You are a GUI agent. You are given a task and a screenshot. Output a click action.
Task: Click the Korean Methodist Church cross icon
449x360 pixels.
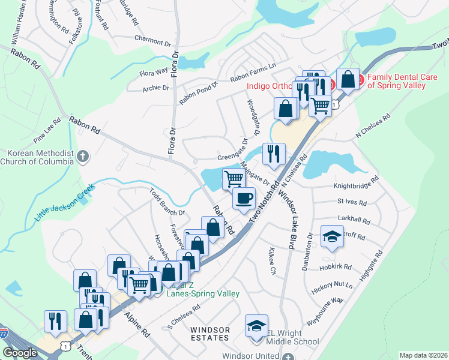83,157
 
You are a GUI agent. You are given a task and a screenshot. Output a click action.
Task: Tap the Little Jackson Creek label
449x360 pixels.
65,202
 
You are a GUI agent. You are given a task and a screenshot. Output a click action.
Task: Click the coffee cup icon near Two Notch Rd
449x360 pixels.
243,198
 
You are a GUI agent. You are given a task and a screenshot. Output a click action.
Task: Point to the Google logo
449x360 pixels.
20,353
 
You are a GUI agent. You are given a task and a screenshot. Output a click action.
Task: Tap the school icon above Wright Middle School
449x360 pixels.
256,327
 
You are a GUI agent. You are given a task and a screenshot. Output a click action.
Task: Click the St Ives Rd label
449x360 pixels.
351,201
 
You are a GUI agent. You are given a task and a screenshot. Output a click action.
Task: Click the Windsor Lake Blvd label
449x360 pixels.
292,209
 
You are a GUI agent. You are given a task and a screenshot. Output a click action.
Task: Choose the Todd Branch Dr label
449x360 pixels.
166,201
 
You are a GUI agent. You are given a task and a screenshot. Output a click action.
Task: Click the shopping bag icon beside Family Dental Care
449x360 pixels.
348,78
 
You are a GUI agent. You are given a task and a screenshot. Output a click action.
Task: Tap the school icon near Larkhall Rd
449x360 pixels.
332,236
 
